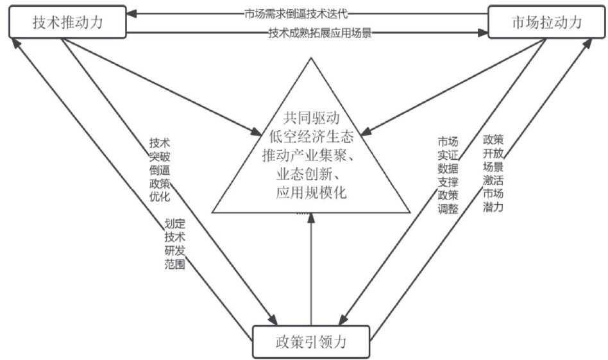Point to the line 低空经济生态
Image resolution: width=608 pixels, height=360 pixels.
pyautogui.click(x=310, y=137)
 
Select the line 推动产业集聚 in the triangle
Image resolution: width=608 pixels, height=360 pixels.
pyautogui.click(x=310, y=155)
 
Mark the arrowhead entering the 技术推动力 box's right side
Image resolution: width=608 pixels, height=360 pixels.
pyautogui.click(x=131, y=13)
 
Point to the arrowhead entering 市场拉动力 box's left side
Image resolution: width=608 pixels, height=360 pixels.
pyautogui.click(x=485, y=33)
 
